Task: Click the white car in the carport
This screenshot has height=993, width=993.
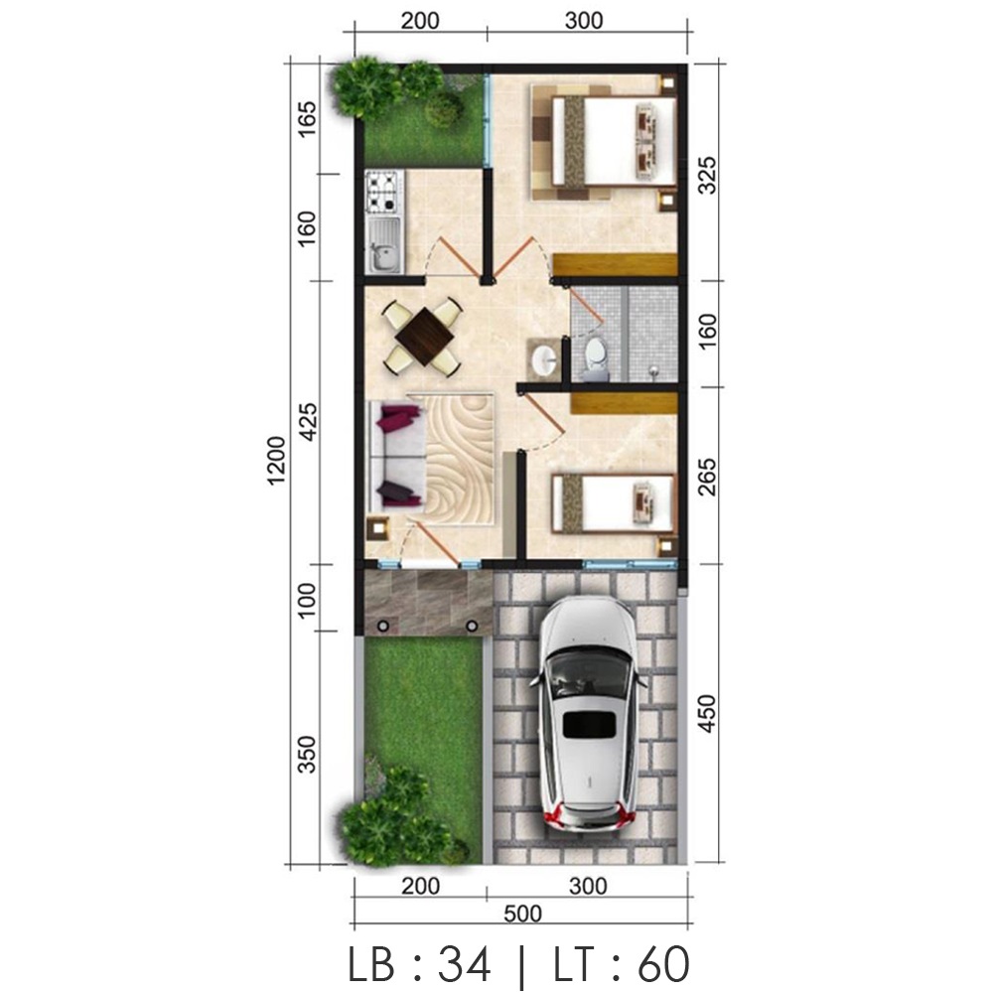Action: [x=588, y=714]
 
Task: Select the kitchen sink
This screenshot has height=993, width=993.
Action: [x=383, y=244]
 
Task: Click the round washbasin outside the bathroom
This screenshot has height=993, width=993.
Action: [x=544, y=359]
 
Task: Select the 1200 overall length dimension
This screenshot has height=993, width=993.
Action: [x=277, y=461]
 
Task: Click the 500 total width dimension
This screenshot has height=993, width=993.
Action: [x=522, y=914]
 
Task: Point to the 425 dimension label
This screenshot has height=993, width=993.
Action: [x=309, y=421]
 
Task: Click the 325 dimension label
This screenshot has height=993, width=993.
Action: [x=707, y=175]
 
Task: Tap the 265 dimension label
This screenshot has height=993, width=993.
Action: [x=707, y=477]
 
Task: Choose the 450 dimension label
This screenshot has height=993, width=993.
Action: [x=707, y=714]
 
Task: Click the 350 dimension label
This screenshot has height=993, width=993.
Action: [x=307, y=755]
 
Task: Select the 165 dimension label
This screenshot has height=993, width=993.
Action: [x=307, y=120]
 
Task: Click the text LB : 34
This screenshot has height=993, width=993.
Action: [x=420, y=964]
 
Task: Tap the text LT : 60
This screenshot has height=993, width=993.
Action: [x=622, y=964]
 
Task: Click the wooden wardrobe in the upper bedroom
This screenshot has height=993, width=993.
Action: [x=615, y=264]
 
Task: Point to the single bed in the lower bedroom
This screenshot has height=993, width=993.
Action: [x=613, y=503]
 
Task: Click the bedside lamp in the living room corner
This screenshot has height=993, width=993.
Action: [x=378, y=528]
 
